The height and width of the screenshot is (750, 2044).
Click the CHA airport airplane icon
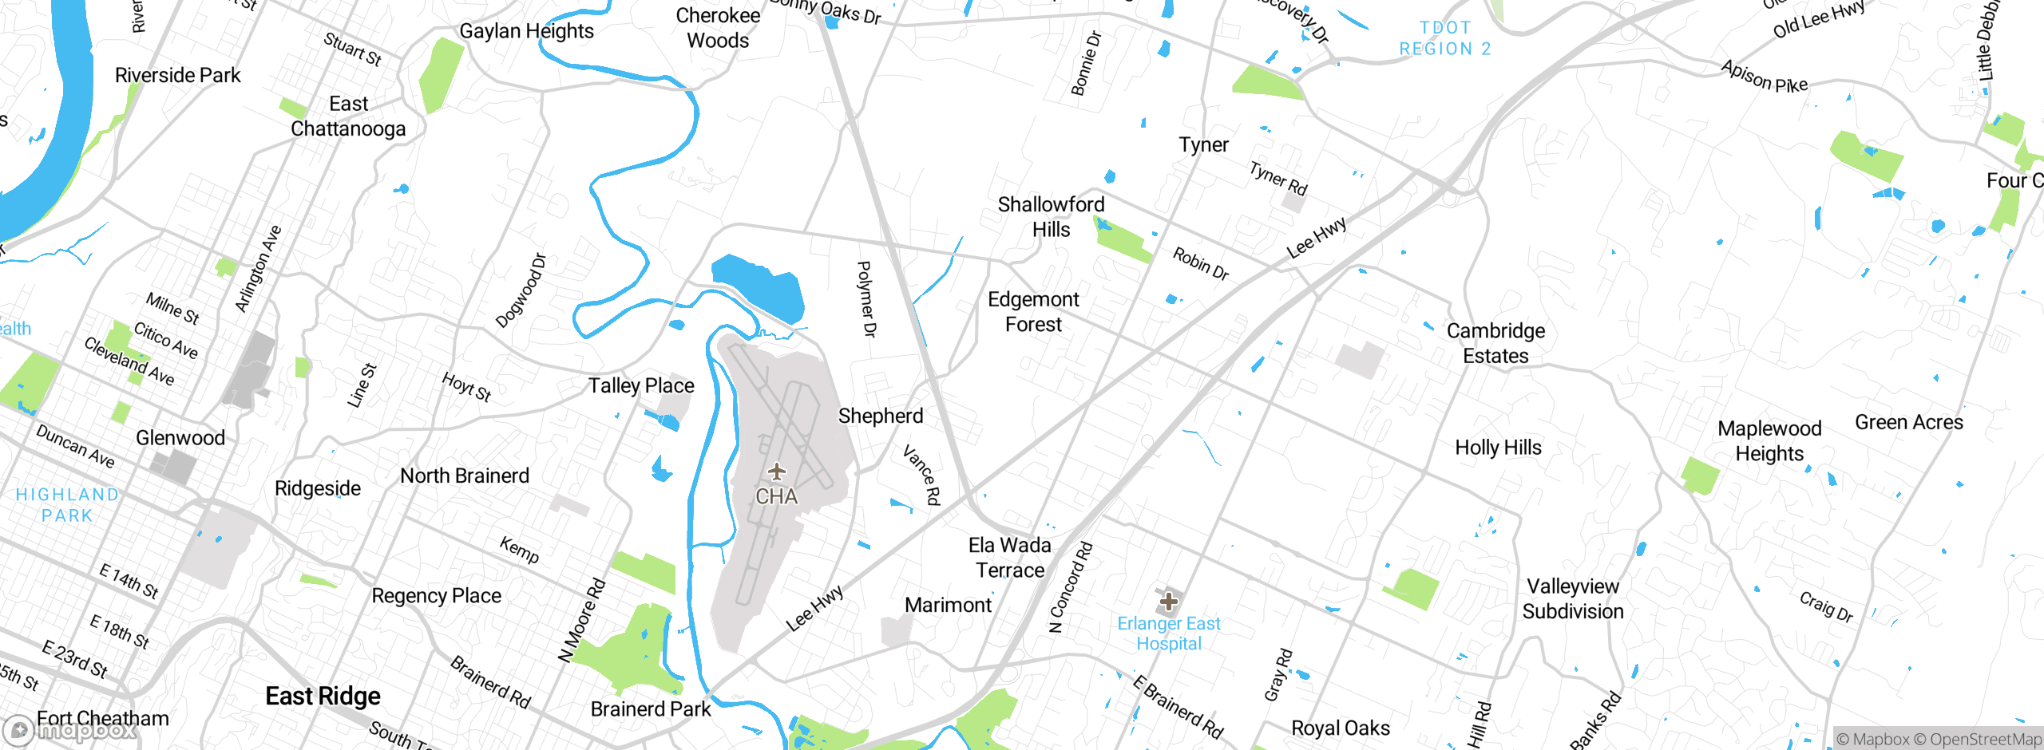pos(776,472)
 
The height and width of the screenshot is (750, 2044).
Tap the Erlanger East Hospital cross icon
pos(1169,600)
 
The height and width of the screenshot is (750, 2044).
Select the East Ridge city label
pos(323,696)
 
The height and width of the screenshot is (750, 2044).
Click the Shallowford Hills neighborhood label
pos(1051,217)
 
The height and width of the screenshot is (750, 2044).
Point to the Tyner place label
pos(1203,145)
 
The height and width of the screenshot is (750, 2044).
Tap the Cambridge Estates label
pos(1495,343)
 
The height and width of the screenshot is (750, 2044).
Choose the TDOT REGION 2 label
pos(1444,38)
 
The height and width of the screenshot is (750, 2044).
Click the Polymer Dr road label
pos(866,299)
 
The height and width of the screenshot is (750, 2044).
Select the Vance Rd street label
pos(922,476)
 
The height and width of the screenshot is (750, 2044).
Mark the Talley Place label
pos(641,386)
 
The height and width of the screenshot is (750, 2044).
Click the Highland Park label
pos(67,505)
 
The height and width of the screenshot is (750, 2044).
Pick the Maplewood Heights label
pos(1769,441)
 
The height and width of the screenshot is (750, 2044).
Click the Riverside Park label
pos(177,76)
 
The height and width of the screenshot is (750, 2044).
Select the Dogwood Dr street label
pos(521,291)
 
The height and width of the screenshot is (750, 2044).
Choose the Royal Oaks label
pos(1340,728)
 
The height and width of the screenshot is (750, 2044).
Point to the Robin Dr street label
pos(1200,264)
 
